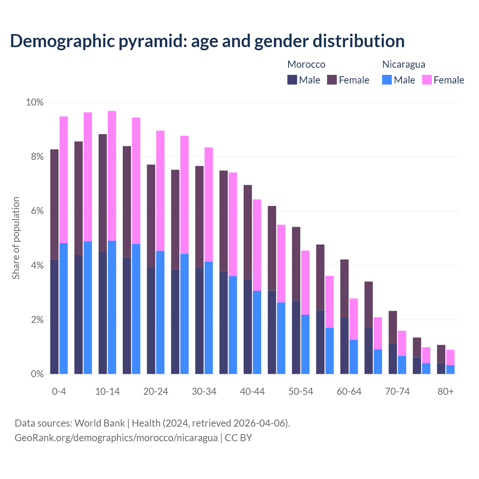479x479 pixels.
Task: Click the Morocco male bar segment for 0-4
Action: pos(55,316)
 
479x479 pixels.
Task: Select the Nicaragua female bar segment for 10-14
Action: pos(112,176)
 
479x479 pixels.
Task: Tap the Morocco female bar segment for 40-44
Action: pos(248,232)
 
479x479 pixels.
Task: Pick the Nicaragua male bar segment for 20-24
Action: pos(160,312)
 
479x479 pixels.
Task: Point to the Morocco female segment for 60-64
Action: pos(344,289)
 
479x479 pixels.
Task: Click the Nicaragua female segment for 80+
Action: pos(450,357)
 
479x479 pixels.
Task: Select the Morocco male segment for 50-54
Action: pos(296,337)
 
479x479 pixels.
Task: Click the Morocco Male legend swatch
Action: pos(292,80)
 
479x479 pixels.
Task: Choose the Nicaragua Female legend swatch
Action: pos(427,80)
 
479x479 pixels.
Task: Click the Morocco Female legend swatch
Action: pos(332,80)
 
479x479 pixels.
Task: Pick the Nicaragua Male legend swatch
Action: pos(387,80)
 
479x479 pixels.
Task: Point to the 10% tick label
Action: pos(34,102)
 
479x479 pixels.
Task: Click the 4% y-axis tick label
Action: pos(37,266)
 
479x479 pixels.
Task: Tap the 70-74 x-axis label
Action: pos(397,391)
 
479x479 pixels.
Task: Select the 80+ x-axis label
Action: pos(445,391)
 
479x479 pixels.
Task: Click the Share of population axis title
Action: pos(16,238)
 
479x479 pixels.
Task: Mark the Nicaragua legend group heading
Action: pos(403,64)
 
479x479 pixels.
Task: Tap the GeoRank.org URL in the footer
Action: pos(116,437)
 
